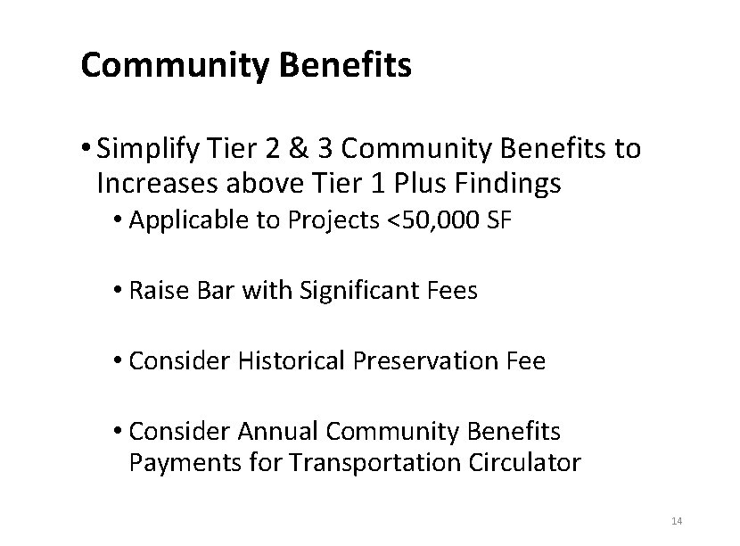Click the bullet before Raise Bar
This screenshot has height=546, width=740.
point(119,292)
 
